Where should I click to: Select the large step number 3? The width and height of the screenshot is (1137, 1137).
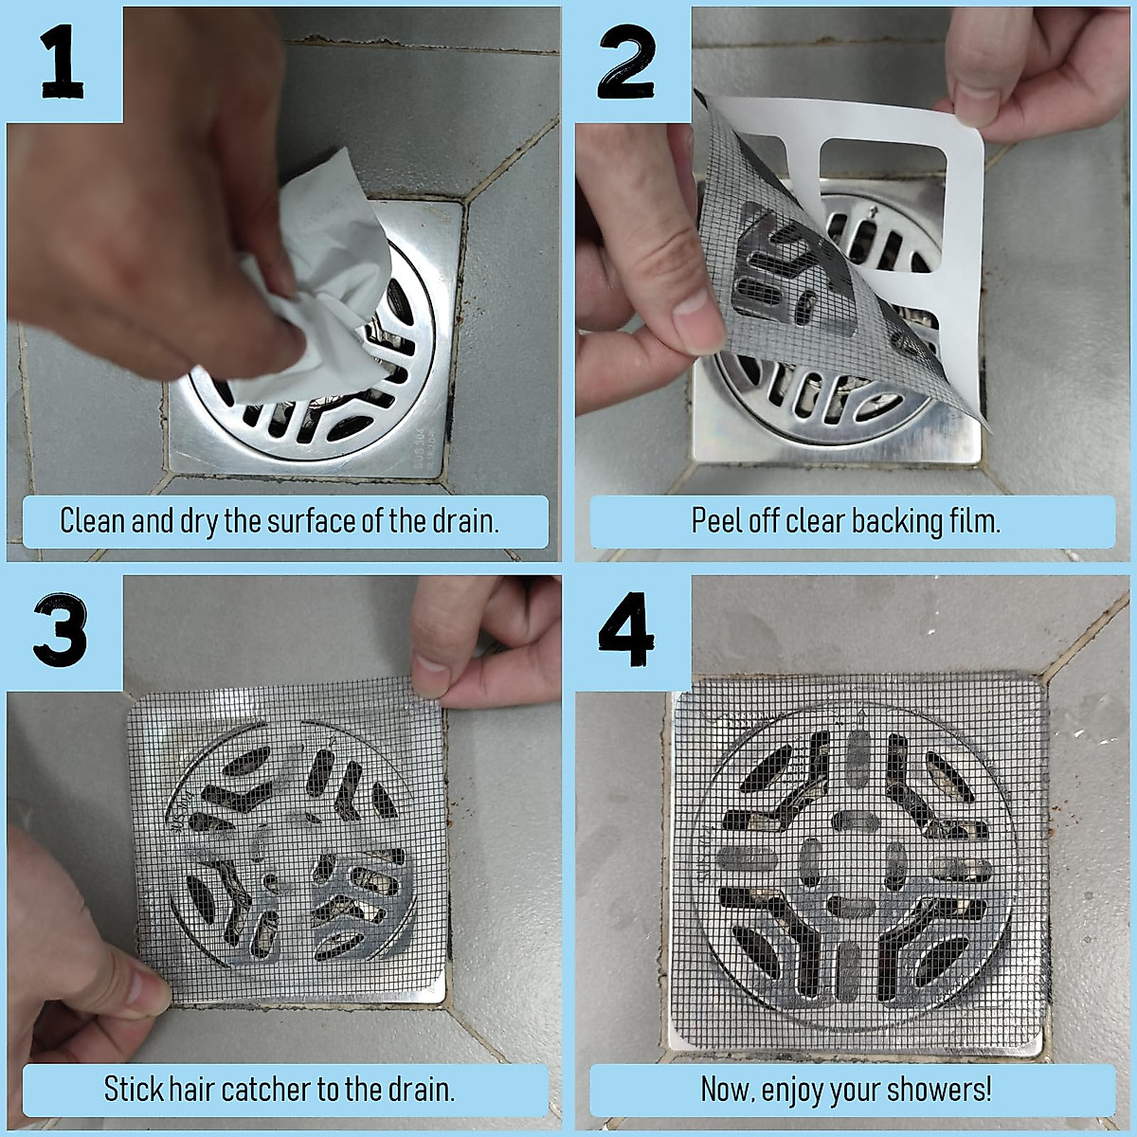coord(60,631)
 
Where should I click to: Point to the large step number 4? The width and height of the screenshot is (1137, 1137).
coord(626,631)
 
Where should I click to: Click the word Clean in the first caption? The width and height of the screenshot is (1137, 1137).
coord(93,521)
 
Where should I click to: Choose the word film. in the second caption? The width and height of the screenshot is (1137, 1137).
coord(974,521)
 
